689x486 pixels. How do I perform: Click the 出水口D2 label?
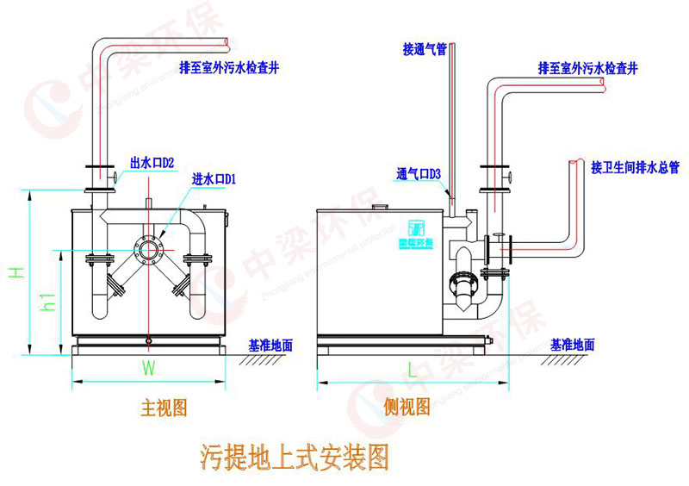tap(152, 161)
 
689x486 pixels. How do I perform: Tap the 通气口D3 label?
tap(419, 173)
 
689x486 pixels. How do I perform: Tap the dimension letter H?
tap(15, 272)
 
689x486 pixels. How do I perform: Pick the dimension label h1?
tap(49, 302)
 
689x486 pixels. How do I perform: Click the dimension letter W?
tap(148, 370)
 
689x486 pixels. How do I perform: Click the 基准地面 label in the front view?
tap(270, 346)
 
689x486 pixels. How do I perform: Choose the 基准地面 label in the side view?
tap(573, 345)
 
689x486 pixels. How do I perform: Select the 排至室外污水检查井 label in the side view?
tap(587, 67)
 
